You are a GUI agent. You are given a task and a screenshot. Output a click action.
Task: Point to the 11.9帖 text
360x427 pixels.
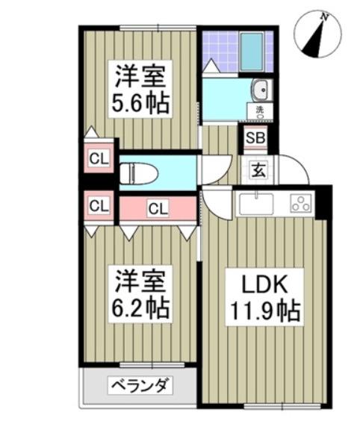(261, 309)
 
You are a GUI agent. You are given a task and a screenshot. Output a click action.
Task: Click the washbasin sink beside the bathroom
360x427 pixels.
(261, 91)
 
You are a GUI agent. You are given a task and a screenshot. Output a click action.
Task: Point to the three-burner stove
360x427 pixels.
(301, 202)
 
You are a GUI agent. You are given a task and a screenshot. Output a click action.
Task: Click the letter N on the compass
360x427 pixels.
(323, 16)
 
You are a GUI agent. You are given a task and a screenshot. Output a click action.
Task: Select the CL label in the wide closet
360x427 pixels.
(157, 208)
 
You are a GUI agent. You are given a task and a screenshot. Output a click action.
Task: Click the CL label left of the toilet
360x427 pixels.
(97, 158)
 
